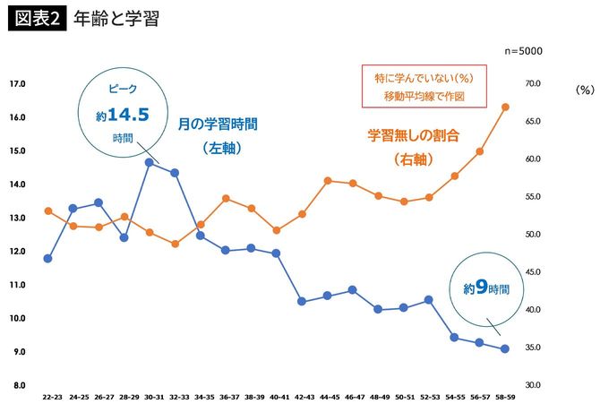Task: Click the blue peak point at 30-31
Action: (x=149, y=162)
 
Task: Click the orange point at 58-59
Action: (x=505, y=107)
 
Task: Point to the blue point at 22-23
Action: (x=47, y=258)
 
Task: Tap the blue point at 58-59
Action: (x=505, y=348)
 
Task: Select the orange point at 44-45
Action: (x=328, y=181)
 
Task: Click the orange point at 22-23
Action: (x=47, y=211)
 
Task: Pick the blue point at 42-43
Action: (x=302, y=301)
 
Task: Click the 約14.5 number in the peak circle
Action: (x=121, y=115)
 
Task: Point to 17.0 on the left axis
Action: (x=16, y=84)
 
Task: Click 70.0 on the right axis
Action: (x=533, y=84)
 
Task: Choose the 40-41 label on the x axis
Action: (x=277, y=395)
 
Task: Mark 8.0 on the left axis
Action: (x=17, y=385)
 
